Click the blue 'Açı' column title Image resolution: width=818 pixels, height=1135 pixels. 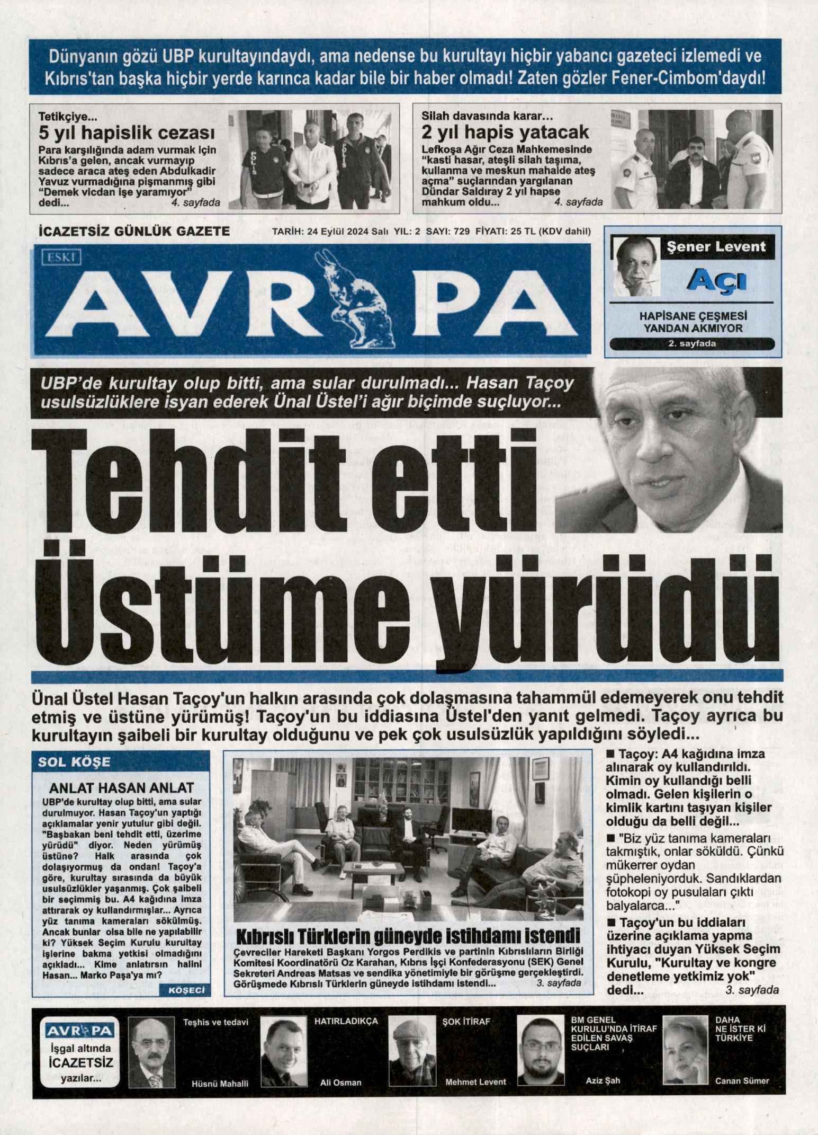[x=708, y=281]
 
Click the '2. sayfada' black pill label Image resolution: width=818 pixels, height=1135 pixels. [x=691, y=344]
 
